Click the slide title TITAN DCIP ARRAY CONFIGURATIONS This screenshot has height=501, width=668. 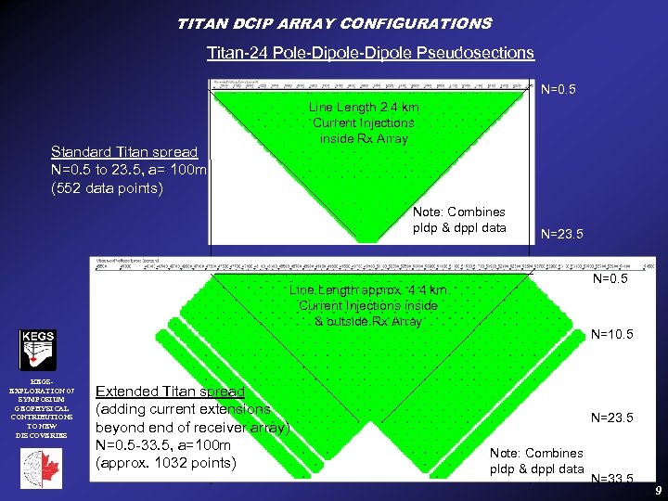tap(334, 23)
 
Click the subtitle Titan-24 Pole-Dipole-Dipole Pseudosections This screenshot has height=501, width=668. tap(370, 53)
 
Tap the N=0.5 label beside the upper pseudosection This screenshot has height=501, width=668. tap(559, 90)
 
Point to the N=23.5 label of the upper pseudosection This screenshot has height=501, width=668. tap(561, 235)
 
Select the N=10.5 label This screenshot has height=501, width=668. tap(612, 334)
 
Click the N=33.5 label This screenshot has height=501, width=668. tap(612, 479)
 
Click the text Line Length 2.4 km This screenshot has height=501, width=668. tap(364, 108)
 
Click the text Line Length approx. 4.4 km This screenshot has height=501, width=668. tap(367, 290)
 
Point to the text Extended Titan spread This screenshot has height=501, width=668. tap(171, 392)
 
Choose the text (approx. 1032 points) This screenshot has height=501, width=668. tap(166, 463)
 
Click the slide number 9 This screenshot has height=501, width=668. tap(657, 489)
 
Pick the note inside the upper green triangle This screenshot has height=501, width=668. tap(459, 220)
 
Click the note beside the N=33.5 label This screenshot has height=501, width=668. tap(536, 461)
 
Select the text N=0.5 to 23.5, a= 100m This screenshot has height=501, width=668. tap(129, 171)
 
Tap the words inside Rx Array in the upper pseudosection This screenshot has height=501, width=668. tap(364, 138)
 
